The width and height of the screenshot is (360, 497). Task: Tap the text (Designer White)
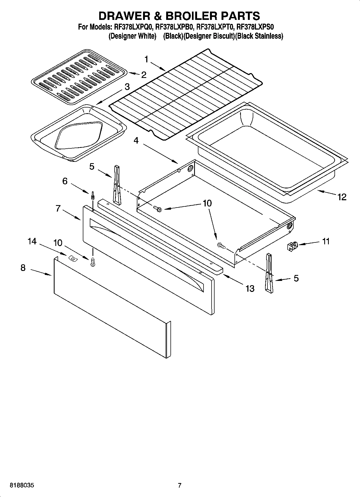pyautogui.click(x=132, y=36)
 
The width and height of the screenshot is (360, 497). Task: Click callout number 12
pyautogui.click(x=342, y=197)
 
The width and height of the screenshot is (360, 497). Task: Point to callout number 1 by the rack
pyautogui.click(x=146, y=59)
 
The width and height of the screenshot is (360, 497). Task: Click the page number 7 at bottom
pyautogui.click(x=180, y=485)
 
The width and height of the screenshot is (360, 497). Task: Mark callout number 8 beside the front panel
pyautogui.click(x=23, y=268)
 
